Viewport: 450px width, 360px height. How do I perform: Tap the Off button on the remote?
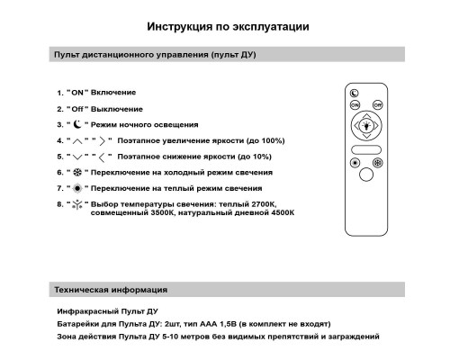pos(378,105)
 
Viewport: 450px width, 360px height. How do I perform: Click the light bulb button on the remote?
pos(366,126)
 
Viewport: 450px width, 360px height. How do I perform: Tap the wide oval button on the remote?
pos(366,147)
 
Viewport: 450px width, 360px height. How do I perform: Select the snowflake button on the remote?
pos(378,163)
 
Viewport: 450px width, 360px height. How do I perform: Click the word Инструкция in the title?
pos(176,27)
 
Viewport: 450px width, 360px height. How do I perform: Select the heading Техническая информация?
pos(108,291)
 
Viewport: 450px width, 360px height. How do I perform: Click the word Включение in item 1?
pos(113,93)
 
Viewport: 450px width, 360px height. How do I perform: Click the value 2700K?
pos(261,203)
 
